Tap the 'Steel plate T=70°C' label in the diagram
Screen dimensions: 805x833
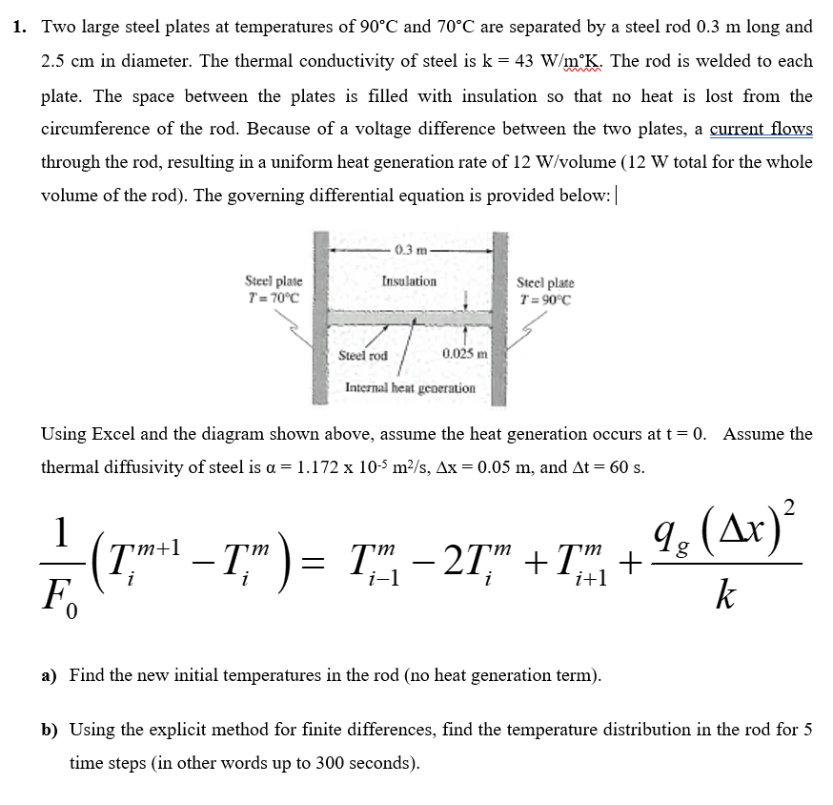[x=274, y=289]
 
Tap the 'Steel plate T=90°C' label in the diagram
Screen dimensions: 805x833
[x=545, y=290]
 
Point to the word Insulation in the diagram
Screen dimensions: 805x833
[x=409, y=281]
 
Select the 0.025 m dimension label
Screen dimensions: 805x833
[x=465, y=355]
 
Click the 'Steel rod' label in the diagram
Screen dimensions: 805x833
[x=363, y=355]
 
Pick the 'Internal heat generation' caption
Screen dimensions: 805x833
[x=410, y=388]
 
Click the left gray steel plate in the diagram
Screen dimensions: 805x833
[x=321, y=315]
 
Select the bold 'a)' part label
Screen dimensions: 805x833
[x=50, y=675]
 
